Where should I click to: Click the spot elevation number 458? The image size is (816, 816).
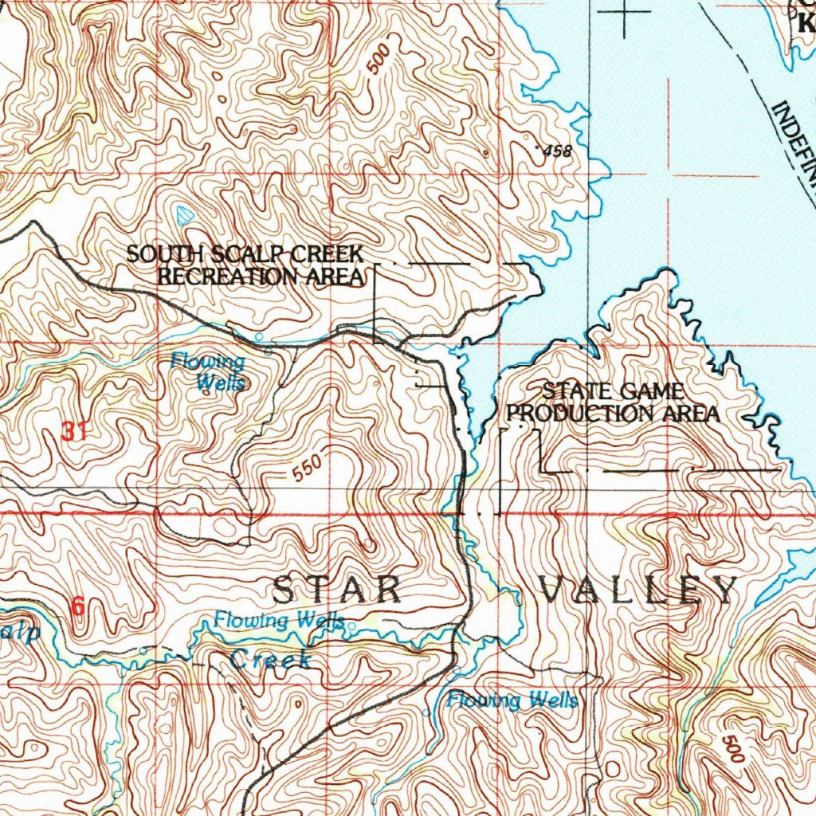[556, 151]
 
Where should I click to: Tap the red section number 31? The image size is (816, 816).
[73, 433]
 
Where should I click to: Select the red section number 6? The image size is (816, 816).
[77, 606]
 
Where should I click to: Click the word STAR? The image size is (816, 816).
[337, 590]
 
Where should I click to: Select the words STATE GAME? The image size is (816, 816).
[613, 391]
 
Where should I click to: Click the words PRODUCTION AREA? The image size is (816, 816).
[613, 414]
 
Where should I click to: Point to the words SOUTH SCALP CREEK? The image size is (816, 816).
[245, 254]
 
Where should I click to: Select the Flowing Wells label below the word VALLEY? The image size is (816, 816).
[512, 700]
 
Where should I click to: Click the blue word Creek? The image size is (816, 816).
[270, 659]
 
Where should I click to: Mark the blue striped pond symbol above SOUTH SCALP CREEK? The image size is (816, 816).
[184, 214]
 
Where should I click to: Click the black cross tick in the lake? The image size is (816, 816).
[624, 12]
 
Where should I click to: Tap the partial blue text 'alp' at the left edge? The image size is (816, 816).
[18, 634]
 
